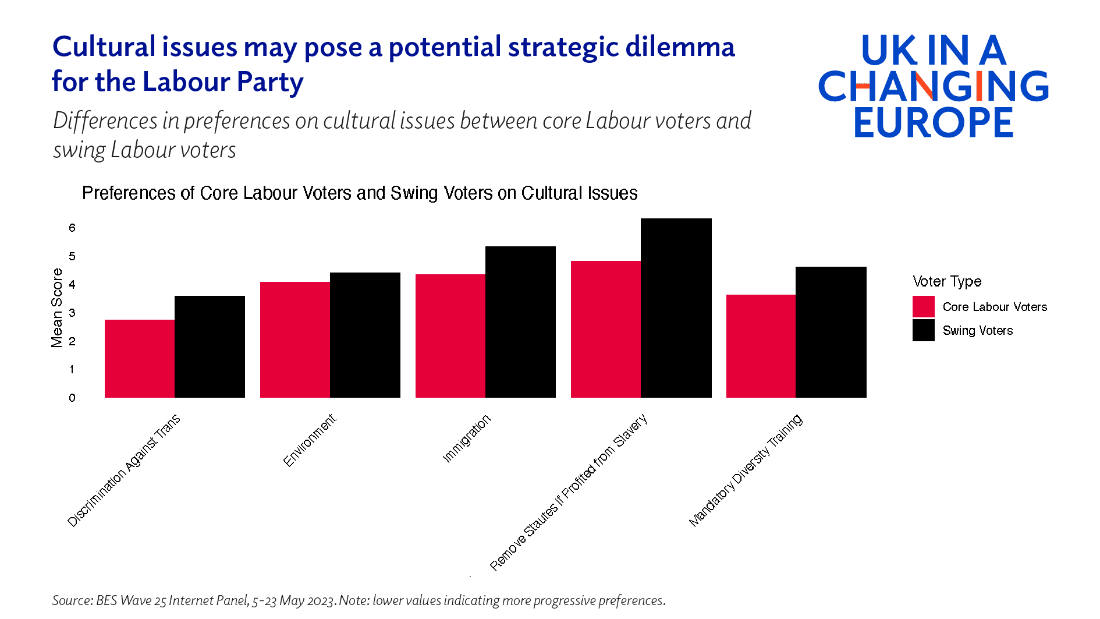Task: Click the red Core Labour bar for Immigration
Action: point(450,336)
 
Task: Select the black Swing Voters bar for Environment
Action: point(365,335)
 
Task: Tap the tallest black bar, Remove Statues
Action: point(676,308)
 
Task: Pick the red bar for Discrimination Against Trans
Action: point(140,359)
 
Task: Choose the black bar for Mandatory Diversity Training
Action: point(831,332)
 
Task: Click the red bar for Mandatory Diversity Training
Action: point(761,346)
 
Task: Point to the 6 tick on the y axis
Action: point(72,228)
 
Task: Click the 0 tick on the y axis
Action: point(72,398)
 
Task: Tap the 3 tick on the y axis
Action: point(72,313)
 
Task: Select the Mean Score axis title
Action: point(56,307)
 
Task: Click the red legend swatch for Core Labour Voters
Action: point(923,307)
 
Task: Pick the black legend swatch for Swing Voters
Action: point(923,330)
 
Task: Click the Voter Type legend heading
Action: point(947,281)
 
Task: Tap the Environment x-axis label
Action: point(310,440)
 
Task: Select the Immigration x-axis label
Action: point(467,438)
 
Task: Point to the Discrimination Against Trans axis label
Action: point(124,471)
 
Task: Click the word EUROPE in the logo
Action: point(934,122)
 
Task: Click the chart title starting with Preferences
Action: point(360,193)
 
